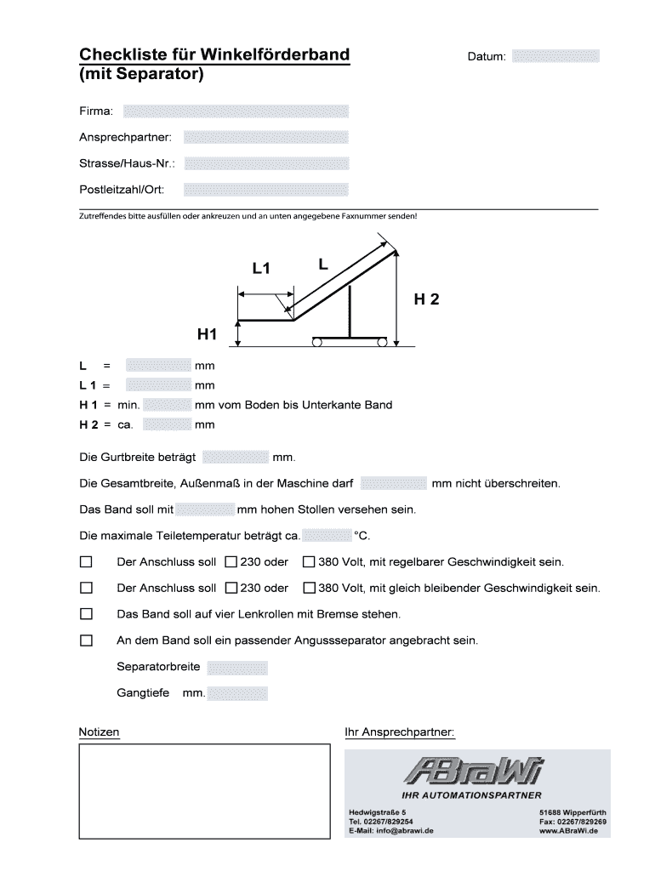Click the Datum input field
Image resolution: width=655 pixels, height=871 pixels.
click(556, 56)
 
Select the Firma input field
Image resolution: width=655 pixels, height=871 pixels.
click(236, 111)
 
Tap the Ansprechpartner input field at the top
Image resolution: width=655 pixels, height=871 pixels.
click(265, 137)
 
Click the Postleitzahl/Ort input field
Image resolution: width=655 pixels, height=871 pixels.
click(265, 189)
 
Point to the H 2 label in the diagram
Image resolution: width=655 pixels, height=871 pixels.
click(426, 299)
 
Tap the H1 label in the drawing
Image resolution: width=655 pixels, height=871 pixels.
click(208, 335)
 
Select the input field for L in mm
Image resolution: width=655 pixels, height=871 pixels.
click(158, 366)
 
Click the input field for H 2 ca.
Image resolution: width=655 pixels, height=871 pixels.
click(167, 424)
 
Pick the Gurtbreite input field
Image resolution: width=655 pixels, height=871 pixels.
click(236, 458)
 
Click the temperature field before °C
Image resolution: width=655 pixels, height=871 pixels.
click(327, 536)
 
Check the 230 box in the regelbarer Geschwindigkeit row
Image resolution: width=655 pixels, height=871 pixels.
click(231, 562)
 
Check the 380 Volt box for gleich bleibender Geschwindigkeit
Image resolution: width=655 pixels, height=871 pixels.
click(309, 588)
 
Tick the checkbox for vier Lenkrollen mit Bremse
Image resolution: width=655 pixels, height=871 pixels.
click(86, 613)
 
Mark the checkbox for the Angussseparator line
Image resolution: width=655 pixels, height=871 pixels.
click(86, 640)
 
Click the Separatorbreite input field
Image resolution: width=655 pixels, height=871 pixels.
click(237, 668)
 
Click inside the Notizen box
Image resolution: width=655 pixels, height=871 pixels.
click(203, 792)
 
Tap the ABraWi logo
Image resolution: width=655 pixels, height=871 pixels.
click(474, 773)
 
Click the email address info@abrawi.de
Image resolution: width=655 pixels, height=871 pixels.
click(391, 831)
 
